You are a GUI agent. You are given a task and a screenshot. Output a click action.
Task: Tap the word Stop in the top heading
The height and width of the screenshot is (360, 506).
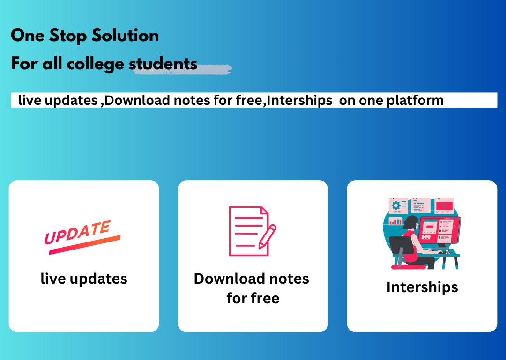click(x=68, y=36)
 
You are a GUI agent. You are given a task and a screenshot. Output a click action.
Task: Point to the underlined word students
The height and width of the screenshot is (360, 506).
click(x=163, y=64)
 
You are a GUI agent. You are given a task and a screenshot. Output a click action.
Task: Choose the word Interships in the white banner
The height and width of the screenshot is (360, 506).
click(x=299, y=100)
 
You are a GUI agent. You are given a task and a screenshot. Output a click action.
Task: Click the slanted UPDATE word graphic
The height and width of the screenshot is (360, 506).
click(x=78, y=232)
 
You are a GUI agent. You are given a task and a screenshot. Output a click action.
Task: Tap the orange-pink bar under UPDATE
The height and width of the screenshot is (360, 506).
click(x=84, y=245)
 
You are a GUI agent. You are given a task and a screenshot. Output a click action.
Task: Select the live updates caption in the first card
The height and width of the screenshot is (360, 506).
click(x=84, y=279)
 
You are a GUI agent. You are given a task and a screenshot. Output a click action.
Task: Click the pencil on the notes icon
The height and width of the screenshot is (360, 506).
click(x=268, y=236)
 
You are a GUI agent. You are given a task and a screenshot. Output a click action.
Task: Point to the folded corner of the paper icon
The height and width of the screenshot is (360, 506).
click(x=265, y=210)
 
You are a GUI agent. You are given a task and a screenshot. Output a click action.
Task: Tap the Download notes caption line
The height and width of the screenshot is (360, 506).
click(x=252, y=279)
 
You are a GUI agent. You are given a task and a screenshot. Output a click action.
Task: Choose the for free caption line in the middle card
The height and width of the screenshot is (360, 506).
click(x=253, y=298)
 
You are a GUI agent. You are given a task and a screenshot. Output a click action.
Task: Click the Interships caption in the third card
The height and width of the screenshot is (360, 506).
click(x=422, y=287)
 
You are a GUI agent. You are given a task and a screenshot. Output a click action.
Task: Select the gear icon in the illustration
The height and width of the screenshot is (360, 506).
click(x=395, y=206)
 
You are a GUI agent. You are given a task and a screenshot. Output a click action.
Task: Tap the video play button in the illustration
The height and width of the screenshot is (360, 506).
click(x=444, y=206)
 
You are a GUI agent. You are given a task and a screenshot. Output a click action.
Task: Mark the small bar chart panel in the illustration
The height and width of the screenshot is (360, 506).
click(x=395, y=221)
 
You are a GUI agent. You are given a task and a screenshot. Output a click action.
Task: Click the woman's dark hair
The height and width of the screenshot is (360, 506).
click(x=410, y=223)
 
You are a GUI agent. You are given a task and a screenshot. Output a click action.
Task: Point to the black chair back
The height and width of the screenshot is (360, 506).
click(x=401, y=245)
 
